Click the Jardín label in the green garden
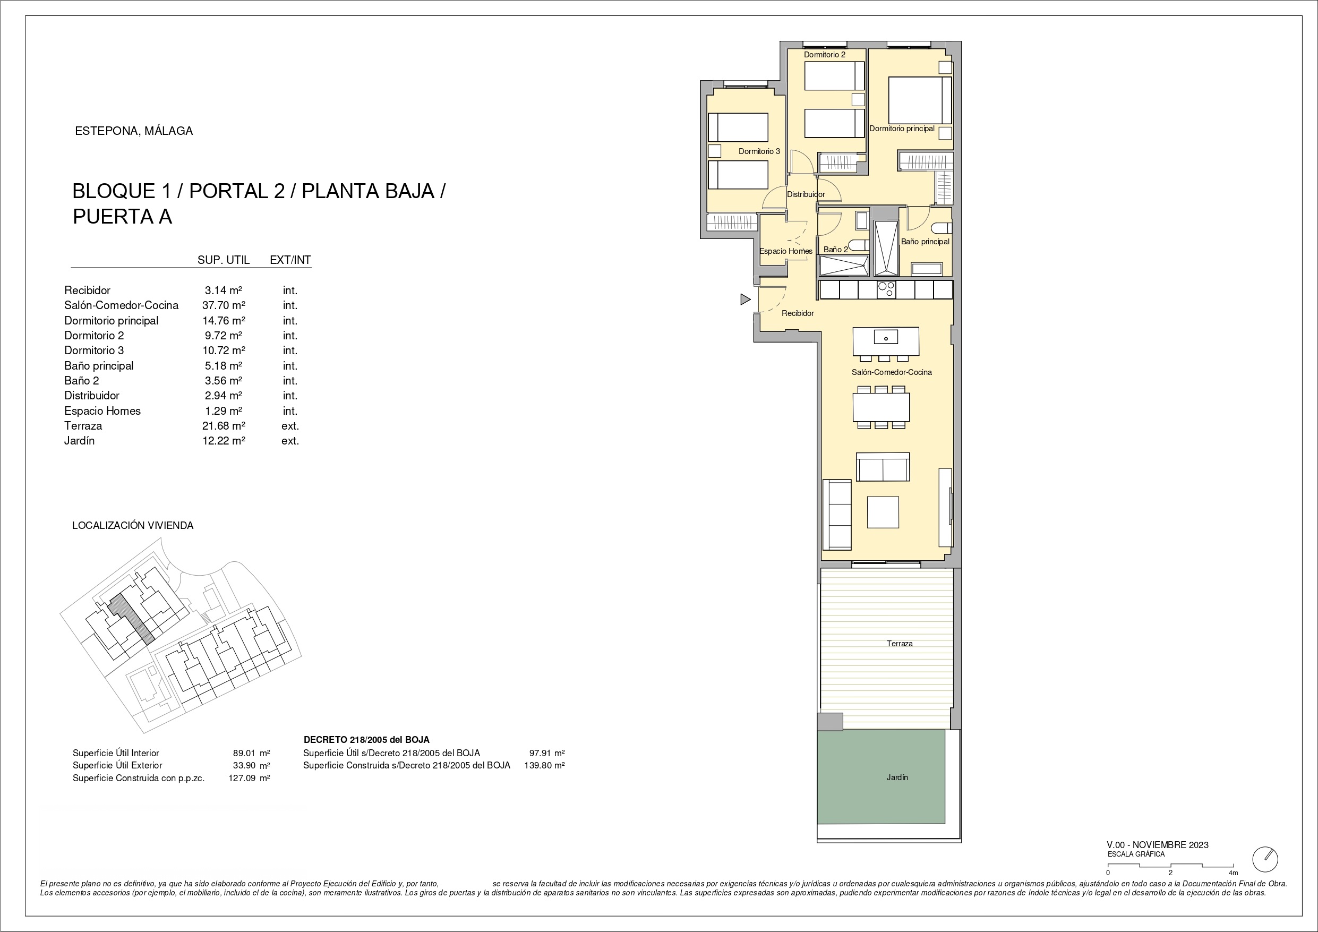[x=897, y=777]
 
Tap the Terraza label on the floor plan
[x=900, y=644]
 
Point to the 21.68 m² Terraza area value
[x=224, y=425]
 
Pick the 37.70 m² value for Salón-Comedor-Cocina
[x=224, y=305]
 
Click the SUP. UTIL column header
[x=224, y=260]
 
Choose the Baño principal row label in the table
[x=99, y=366]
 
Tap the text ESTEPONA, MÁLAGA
[x=134, y=131]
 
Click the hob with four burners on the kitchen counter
[x=886, y=289]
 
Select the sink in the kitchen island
[x=886, y=337]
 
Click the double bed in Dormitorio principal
[x=920, y=100]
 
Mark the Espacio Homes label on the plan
[x=786, y=251]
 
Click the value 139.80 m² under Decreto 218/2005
[x=544, y=765]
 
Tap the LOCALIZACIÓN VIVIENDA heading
[x=133, y=525]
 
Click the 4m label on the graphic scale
[x=1234, y=873]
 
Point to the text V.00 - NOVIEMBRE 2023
[x=1158, y=845]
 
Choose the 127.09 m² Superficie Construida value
[x=249, y=778]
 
